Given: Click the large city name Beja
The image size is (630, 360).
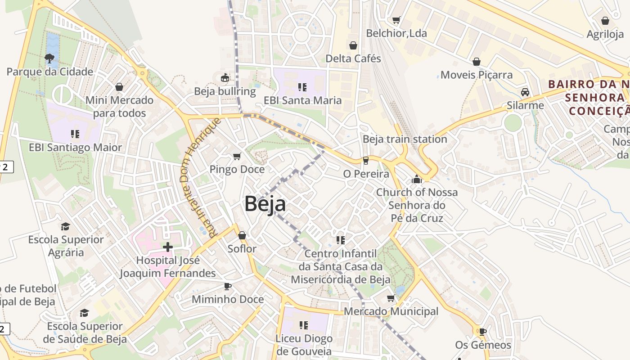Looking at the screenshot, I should coord(265,204).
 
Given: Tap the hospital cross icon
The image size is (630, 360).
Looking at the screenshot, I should coord(168,247).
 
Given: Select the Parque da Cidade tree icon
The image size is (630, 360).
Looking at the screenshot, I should coord(49,58).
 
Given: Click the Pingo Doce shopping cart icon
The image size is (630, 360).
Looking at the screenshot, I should coord(237,156).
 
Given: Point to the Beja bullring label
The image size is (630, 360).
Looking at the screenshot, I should coord(225,91).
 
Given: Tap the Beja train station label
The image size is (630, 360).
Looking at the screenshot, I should coord(405,139).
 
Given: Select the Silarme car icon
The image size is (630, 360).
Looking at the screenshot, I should coord(525,92).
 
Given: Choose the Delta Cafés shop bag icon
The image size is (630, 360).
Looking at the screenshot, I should coord(353,45).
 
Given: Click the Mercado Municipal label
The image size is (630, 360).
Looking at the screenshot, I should coord(391,311).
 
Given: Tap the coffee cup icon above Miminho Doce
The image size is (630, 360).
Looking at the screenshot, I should coord(228,286).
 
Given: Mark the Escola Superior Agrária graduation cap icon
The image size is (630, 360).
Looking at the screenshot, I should coord(66,226).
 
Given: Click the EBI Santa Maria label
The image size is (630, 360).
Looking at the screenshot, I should coord(302,100).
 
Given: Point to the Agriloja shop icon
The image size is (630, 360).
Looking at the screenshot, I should coord(605,21).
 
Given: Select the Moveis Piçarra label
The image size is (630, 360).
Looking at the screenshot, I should coord(476,75).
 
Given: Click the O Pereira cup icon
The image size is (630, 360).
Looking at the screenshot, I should coord(365,161).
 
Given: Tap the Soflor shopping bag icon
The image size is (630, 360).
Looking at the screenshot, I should coord(242,235).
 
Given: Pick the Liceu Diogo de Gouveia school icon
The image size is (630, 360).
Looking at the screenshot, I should coord(304,325).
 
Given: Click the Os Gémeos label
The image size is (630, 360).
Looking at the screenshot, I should coord(483,345).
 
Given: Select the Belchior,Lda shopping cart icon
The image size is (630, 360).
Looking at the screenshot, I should coord(396,20).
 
